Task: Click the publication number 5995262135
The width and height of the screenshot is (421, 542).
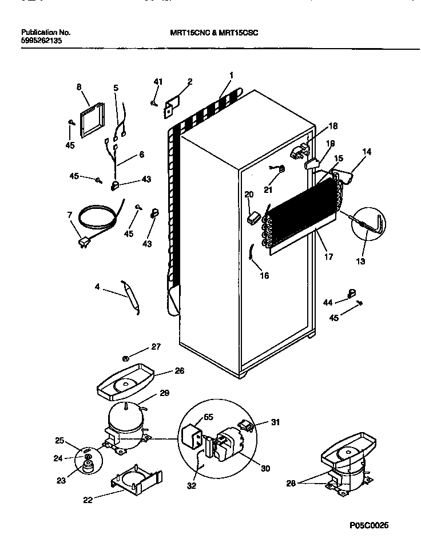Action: (x=41, y=41)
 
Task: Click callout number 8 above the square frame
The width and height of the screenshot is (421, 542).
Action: (x=79, y=87)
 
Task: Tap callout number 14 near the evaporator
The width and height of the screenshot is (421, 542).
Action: (x=367, y=152)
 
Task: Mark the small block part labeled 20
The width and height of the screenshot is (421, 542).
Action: (x=251, y=216)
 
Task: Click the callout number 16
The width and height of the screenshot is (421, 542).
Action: (x=264, y=275)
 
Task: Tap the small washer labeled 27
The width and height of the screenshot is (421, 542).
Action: (x=125, y=359)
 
